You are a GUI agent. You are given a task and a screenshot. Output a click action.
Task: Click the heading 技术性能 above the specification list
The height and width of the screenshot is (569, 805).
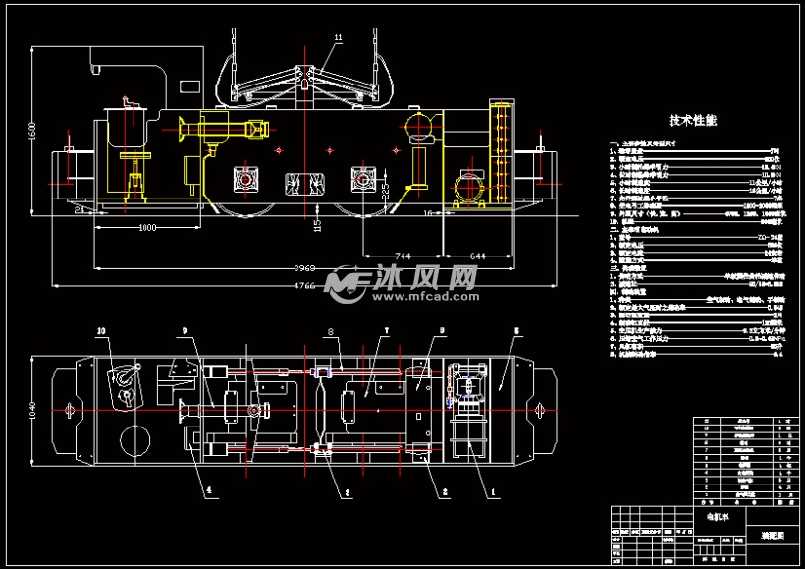tap(693, 121)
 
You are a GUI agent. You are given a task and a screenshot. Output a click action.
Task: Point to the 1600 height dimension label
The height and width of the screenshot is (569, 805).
tap(31, 132)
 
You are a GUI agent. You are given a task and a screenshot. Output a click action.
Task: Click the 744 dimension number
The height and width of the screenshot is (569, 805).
tap(402, 256)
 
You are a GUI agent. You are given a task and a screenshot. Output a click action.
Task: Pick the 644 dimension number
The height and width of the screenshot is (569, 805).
tap(479, 256)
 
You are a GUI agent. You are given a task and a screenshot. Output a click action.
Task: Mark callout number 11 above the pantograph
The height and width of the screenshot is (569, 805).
tap(338, 38)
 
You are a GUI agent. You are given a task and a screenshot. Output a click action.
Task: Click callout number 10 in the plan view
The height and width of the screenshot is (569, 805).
tap(101, 331)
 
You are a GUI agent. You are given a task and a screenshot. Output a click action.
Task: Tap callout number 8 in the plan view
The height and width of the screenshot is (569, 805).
tap(331, 331)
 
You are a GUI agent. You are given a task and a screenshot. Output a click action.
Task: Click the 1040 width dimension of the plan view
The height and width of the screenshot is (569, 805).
tap(31, 409)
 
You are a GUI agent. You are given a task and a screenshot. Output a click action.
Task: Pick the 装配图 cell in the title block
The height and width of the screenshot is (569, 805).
tap(773, 536)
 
